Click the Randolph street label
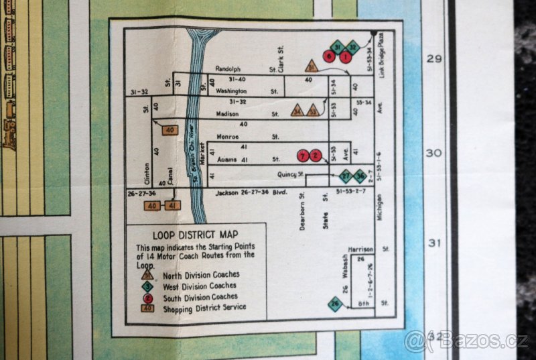(227, 69)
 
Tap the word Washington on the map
(232, 91)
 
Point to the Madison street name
(228, 114)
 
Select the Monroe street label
(228, 136)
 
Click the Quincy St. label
(291, 174)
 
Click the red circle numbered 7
(304, 156)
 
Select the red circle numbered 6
(329, 56)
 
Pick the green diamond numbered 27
(345, 176)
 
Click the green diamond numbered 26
(335, 304)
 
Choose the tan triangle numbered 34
(297, 111)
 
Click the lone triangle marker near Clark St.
(311, 66)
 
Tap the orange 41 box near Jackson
(172, 205)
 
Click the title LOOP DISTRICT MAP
(195, 235)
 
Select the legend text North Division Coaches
(201, 274)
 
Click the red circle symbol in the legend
(147, 296)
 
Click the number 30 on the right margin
(435, 153)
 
